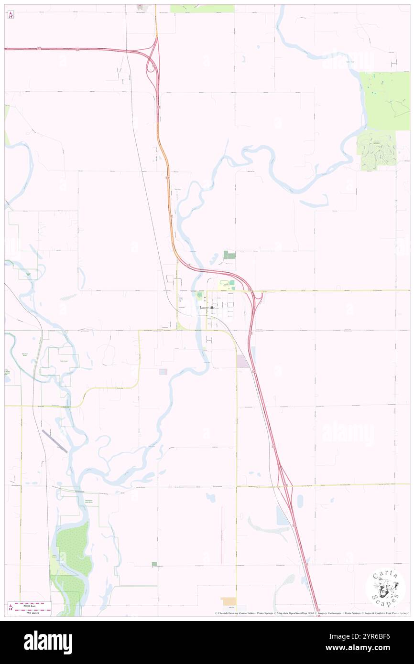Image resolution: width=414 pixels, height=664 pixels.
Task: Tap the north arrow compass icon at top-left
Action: coord(11,15)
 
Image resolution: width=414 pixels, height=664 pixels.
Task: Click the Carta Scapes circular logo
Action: coord(385,589)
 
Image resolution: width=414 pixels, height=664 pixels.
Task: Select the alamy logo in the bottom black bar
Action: coord(48,642)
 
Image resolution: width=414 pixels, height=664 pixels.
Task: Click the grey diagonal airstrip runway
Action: coord(53,439)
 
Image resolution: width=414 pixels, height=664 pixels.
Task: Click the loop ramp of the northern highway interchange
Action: coord(152,67)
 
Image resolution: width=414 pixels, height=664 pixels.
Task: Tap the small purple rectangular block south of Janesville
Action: coord(243,361)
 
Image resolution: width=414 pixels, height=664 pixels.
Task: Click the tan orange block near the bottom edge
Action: coord(229,601)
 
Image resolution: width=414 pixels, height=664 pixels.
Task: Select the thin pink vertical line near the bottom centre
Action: coord(222,535)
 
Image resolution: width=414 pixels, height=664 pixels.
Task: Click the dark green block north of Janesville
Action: coord(229,255)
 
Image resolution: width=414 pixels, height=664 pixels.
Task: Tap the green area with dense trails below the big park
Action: coord(376,149)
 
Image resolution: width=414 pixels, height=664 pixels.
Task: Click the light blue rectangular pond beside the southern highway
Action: coord(282,515)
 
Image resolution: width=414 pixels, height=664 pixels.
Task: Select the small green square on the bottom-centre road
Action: coord(153,564)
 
